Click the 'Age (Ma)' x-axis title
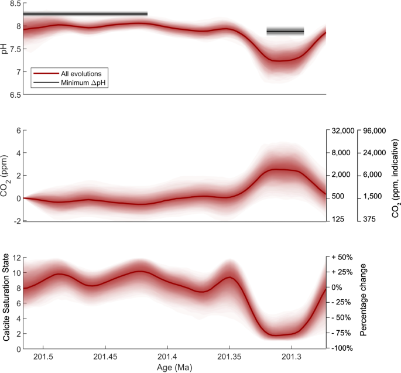tap(174, 367)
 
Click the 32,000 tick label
tap(342, 131)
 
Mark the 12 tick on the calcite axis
tap(16, 258)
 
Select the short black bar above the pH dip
tap(285, 31)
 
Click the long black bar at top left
tap(85, 13)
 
